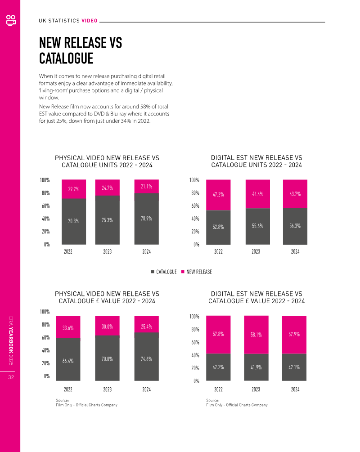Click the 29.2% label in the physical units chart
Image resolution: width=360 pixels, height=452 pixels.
[x=74, y=189]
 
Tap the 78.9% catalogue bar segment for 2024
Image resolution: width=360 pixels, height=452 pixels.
[x=146, y=219]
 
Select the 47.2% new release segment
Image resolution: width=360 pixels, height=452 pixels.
[x=218, y=195]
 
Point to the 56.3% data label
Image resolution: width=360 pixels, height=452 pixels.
[x=295, y=226]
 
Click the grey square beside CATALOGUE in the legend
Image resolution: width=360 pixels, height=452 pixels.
[x=152, y=272]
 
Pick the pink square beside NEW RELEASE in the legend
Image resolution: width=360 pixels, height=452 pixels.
[x=183, y=272]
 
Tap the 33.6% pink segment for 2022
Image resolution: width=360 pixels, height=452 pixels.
[x=68, y=328]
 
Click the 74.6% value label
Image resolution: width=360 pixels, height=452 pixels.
[x=146, y=359]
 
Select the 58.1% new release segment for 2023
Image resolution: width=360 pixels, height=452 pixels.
[x=256, y=335]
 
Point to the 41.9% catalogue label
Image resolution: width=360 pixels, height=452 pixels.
[x=256, y=367]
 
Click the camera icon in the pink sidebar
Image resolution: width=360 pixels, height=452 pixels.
[x=10, y=20]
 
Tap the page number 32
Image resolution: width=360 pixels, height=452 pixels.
[x=10, y=377]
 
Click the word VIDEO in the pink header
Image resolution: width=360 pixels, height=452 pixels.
[x=89, y=21]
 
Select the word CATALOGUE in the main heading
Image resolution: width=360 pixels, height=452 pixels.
[x=66, y=58]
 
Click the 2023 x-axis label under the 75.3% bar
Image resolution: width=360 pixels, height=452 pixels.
[x=107, y=252]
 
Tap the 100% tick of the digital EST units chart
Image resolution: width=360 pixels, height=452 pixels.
[x=194, y=180]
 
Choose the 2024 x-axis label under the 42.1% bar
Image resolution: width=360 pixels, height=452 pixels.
[x=295, y=389]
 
